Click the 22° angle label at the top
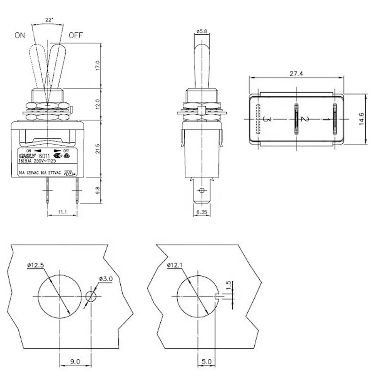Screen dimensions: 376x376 pyautogui.click(x=49, y=20)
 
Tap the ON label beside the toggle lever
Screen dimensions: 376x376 pyautogui.click(x=20, y=35)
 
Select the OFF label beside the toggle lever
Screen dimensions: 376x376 pyautogui.click(x=76, y=35)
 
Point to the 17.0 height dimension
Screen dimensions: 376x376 pyautogui.click(x=97, y=65)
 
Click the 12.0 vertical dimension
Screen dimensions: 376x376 pyautogui.click(x=97, y=102)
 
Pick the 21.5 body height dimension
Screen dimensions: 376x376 pyautogui.click(x=97, y=149)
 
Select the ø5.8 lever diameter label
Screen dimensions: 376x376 pyautogui.click(x=202, y=32)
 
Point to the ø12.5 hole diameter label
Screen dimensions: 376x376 pyautogui.click(x=36, y=266)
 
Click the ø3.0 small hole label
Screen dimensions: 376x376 pyautogui.click(x=106, y=279)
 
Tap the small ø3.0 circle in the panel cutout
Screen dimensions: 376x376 pyautogui.click(x=92, y=297)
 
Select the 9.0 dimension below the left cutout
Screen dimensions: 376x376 pyautogui.click(x=75, y=362)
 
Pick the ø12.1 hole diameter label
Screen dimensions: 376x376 pyautogui.click(x=175, y=266)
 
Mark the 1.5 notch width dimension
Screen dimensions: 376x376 pyautogui.click(x=228, y=285)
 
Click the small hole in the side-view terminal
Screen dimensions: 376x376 pyautogui.click(x=202, y=191)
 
